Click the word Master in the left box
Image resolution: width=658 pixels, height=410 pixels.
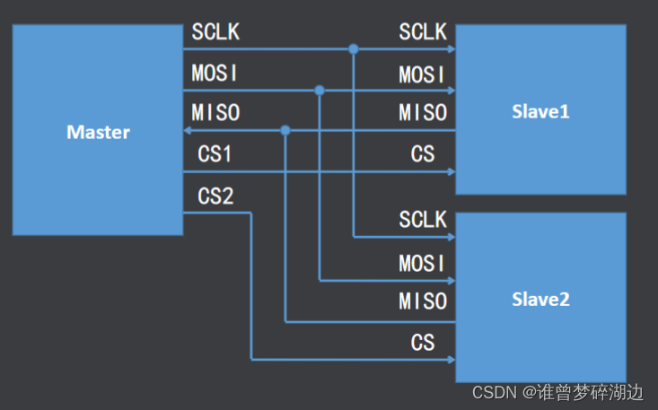(98, 133)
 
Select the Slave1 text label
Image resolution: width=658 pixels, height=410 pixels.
(540, 112)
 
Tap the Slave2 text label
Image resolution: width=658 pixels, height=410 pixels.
(540, 300)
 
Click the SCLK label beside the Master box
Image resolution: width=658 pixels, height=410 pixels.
(215, 32)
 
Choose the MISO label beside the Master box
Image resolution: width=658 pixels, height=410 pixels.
(215, 113)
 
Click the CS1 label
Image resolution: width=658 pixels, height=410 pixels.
(215, 154)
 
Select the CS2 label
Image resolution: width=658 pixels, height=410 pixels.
(215, 196)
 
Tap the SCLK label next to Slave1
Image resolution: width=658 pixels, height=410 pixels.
(423, 32)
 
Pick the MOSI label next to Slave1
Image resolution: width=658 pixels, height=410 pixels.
(423, 74)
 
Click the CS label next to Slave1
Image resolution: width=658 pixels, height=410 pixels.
(423, 154)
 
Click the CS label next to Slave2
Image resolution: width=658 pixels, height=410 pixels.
(423, 343)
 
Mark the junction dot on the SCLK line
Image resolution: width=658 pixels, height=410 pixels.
(354, 48)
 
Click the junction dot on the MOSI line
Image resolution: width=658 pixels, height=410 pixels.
(320, 90)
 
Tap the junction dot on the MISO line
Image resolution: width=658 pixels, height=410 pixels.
(285, 131)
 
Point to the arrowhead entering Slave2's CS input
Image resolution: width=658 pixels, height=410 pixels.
(451, 360)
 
